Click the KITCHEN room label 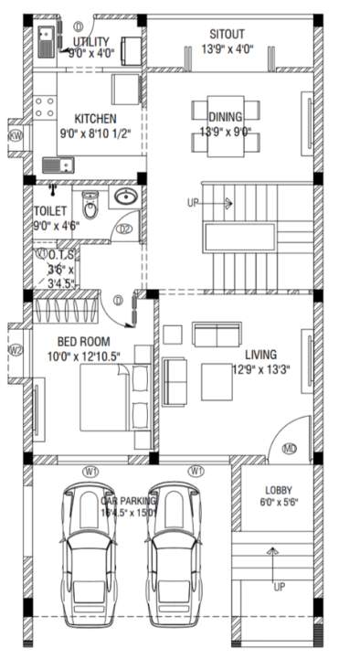click(94, 119)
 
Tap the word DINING click(224, 117)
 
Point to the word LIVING click(260, 355)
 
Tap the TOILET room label click(50, 209)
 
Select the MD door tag click(290, 449)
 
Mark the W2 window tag click(16, 349)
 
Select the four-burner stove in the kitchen click(42, 106)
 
